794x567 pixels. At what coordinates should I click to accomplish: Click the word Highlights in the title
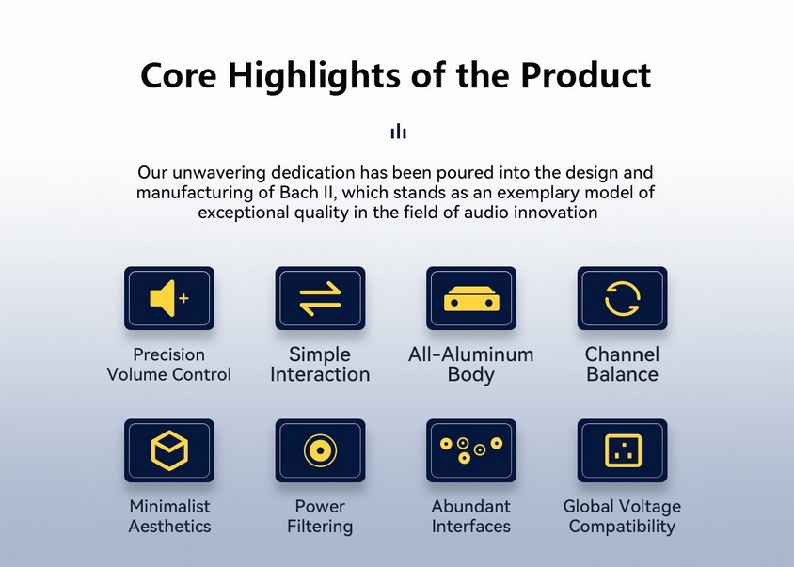(314, 76)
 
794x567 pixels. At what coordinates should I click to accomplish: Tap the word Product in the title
(586, 75)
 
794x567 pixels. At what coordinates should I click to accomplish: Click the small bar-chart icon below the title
(399, 131)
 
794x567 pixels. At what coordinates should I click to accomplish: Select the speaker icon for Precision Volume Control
(163, 298)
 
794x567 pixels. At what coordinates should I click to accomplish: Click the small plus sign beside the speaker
(183, 298)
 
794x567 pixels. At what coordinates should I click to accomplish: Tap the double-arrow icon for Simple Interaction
(320, 298)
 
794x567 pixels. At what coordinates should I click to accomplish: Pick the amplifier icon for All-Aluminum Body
(471, 298)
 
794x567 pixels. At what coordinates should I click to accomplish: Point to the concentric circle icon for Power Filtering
(320, 450)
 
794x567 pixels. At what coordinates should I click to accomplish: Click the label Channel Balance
(623, 365)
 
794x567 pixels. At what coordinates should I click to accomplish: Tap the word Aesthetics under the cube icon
(169, 526)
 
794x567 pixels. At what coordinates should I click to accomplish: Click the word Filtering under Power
(320, 527)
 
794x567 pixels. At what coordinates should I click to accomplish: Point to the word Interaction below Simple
(320, 374)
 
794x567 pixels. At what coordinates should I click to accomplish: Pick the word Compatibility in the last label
(623, 527)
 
